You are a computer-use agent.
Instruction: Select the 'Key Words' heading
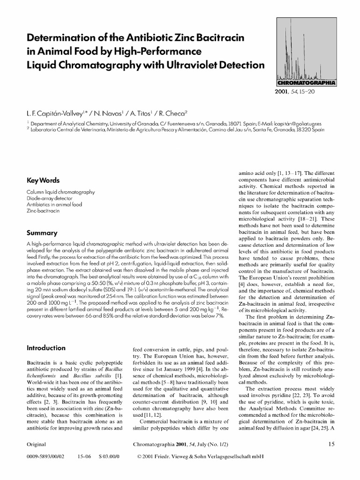43,180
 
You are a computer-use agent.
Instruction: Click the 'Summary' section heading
42,232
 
